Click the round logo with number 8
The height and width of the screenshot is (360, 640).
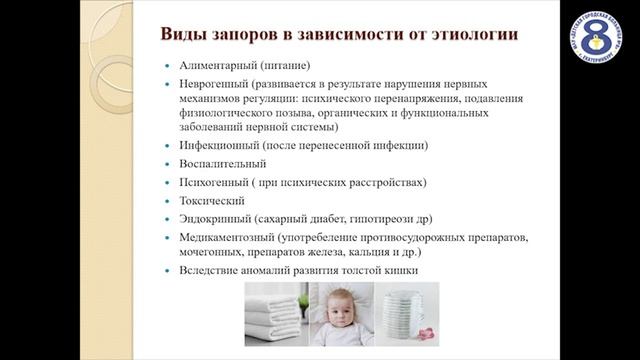tap(597, 39)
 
